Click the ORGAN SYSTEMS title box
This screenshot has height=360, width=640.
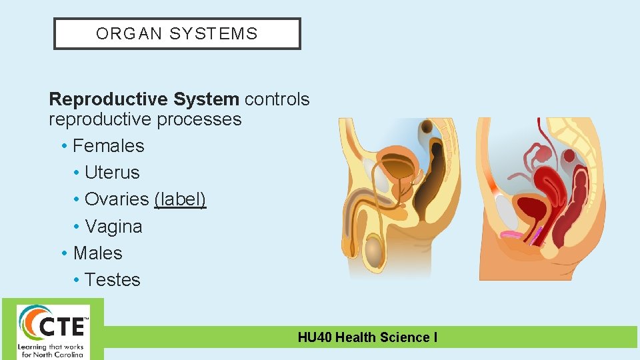coord(177,34)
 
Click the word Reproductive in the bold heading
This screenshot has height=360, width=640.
coord(110,99)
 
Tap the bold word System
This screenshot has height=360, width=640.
coord(205,99)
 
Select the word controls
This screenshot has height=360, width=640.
coord(277,99)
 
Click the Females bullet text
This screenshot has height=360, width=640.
coord(108,146)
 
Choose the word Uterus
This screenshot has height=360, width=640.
coord(112,173)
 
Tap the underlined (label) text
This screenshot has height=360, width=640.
coord(180,199)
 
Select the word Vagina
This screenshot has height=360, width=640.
coord(113,227)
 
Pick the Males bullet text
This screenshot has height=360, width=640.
coord(97,253)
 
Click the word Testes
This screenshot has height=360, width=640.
coord(112,280)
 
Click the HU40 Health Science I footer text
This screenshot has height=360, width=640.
coord(367,337)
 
